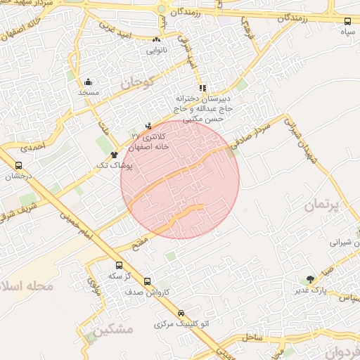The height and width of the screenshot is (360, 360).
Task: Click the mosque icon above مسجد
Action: point(88,82)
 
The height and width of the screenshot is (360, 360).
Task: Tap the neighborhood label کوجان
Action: point(136,83)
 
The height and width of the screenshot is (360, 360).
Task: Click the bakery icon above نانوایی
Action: point(156,39)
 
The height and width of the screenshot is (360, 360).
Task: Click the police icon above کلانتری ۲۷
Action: point(148,126)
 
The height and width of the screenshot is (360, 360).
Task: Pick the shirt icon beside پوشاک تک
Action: point(114,153)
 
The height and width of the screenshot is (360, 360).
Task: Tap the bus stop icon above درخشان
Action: point(18,166)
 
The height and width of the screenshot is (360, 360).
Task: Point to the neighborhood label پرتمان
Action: point(322,206)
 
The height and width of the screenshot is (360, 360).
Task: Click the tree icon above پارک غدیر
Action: point(310,279)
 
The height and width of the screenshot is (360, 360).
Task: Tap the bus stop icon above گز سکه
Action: point(119,266)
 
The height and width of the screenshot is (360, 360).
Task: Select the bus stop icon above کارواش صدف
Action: point(147,281)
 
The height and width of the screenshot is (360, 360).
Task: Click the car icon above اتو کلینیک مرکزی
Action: point(181,313)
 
